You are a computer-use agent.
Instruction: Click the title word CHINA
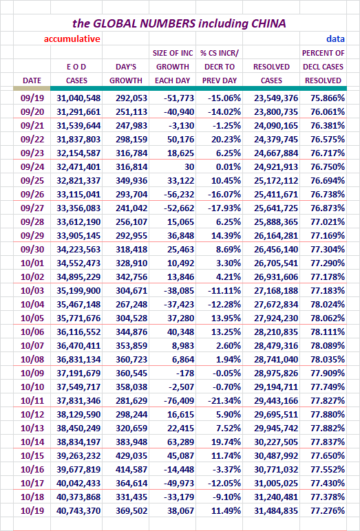tap(268, 23)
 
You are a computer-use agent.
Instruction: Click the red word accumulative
tap(72, 39)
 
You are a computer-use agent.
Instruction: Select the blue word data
tap(336, 39)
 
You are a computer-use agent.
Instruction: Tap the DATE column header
tap(32, 80)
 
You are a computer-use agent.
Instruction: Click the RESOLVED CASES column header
tap(271, 74)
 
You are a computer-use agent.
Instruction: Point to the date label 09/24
tap(32, 167)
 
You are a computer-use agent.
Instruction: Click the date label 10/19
tap(32, 510)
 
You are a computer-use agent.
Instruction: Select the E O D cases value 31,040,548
tap(78, 98)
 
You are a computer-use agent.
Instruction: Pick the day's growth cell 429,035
tap(131, 456)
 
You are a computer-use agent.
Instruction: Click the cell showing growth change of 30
tap(189, 167)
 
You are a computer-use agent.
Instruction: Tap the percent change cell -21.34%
tap(226, 400)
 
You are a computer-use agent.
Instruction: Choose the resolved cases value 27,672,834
tap(276, 305)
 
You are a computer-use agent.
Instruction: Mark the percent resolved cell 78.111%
tap(328, 332)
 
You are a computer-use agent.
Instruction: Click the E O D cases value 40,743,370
tap(78, 510)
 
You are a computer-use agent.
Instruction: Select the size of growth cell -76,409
tap(179, 400)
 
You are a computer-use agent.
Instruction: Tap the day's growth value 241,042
tap(131, 208)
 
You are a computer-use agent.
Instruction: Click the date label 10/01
tap(32, 263)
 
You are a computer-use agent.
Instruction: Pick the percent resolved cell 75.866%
tap(328, 98)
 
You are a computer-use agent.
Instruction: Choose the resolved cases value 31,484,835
tap(276, 510)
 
